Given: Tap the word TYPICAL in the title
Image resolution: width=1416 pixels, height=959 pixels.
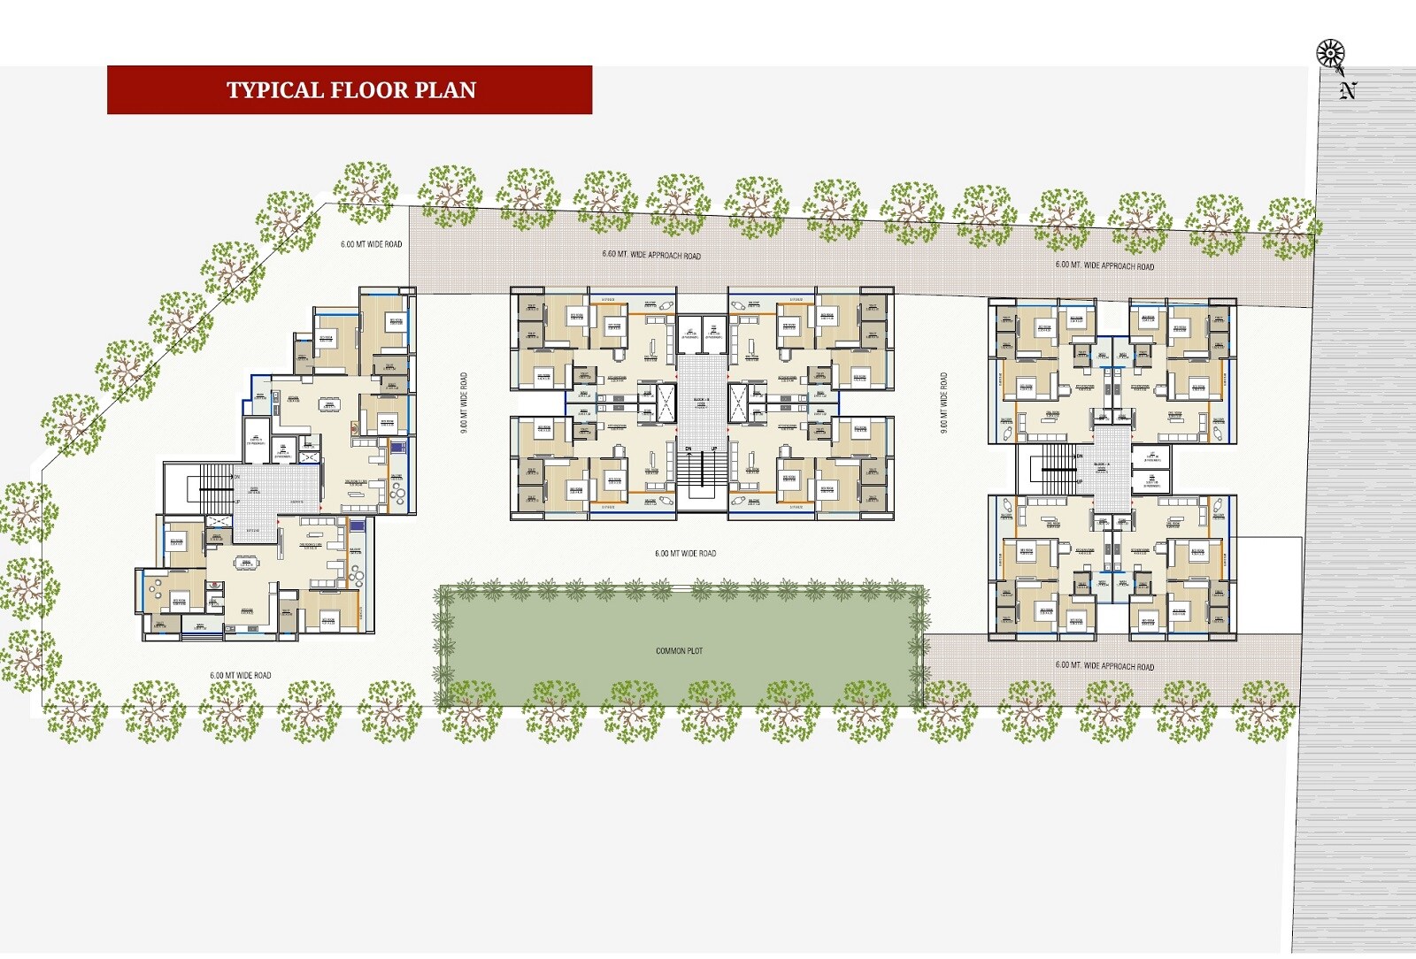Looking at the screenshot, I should click(x=275, y=90).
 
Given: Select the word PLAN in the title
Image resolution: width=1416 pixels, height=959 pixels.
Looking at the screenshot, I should click(x=447, y=90).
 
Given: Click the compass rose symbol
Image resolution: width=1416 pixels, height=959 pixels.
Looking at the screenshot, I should click(x=1330, y=55).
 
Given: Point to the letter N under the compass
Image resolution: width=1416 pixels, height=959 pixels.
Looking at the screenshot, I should click(x=1348, y=90).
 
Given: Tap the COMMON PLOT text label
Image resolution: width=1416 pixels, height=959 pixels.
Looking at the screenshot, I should click(x=679, y=651).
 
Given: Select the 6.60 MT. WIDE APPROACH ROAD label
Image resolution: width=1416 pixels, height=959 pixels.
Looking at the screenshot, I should click(x=651, y=255).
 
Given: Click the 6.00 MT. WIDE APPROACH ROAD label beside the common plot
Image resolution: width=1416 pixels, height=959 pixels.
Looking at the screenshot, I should click(x=1104, y=666).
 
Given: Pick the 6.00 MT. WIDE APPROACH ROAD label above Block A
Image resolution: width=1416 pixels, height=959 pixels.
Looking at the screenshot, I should click(x=1104, y=265).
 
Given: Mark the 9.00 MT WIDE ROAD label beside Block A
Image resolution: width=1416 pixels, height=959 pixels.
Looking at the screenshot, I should click(x=943, y=402).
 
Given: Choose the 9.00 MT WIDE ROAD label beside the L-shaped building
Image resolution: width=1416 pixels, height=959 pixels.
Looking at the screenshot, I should click(x=464, y=402).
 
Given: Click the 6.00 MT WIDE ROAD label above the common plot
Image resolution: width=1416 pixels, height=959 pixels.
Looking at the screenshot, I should click(x=685, y=554).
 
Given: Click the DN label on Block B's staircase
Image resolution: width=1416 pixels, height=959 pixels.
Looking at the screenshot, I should click(x=689, y=449).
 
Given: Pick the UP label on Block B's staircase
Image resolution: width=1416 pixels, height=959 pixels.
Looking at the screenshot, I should click(x=713, y=449).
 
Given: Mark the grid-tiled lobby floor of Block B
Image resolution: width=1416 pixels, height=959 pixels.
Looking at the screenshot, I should click(x=701, y=389).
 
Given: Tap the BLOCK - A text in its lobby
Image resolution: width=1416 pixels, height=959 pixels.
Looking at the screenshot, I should click(x=1102, y=464).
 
